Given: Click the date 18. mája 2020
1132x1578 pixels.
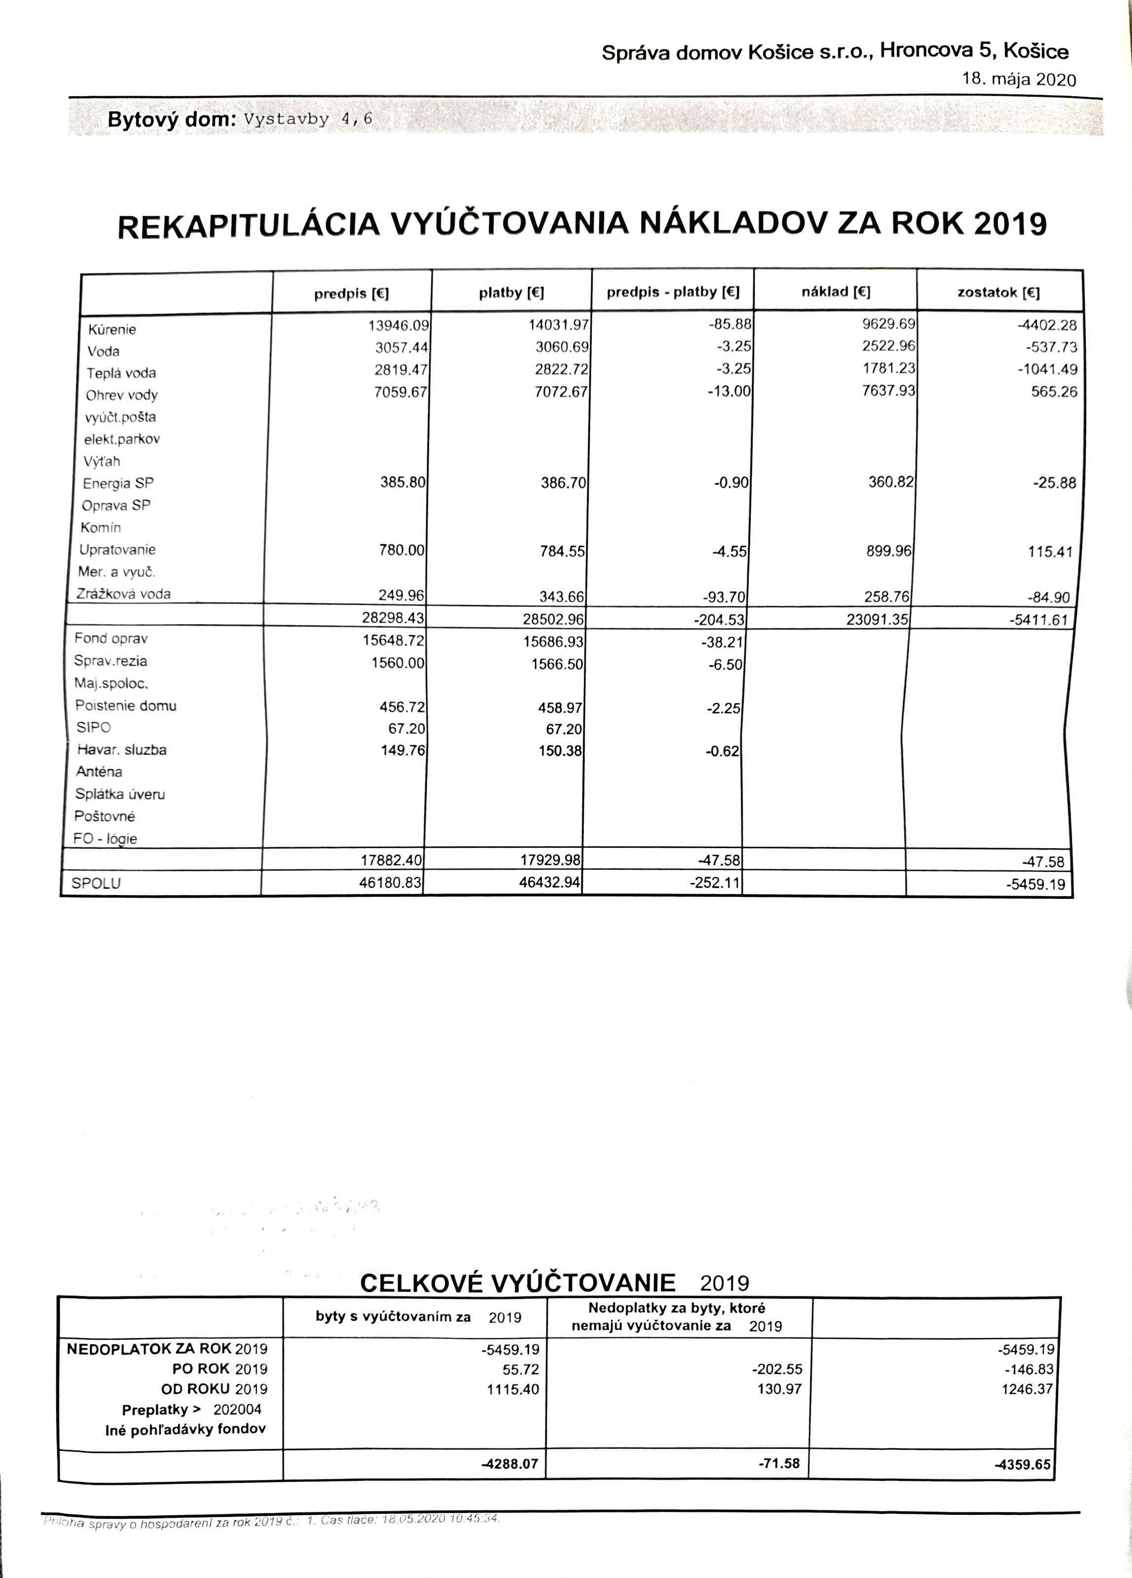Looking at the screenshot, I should click(x=1019, y=79).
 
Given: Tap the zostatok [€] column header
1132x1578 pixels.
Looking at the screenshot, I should click(x=998, y=293).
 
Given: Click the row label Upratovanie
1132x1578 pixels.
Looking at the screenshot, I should click(x=117, y=550).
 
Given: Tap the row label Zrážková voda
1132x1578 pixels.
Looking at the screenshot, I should click(x=124, y=594).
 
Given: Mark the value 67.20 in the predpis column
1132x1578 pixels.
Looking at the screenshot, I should click(x=407, y=728).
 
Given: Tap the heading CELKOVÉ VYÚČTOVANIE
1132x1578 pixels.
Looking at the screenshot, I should click(x=518, y=1284).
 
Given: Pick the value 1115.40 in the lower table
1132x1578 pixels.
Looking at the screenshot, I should click(x=514, y=1390).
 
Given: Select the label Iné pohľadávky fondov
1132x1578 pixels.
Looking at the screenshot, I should click(x=185, y=1430).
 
